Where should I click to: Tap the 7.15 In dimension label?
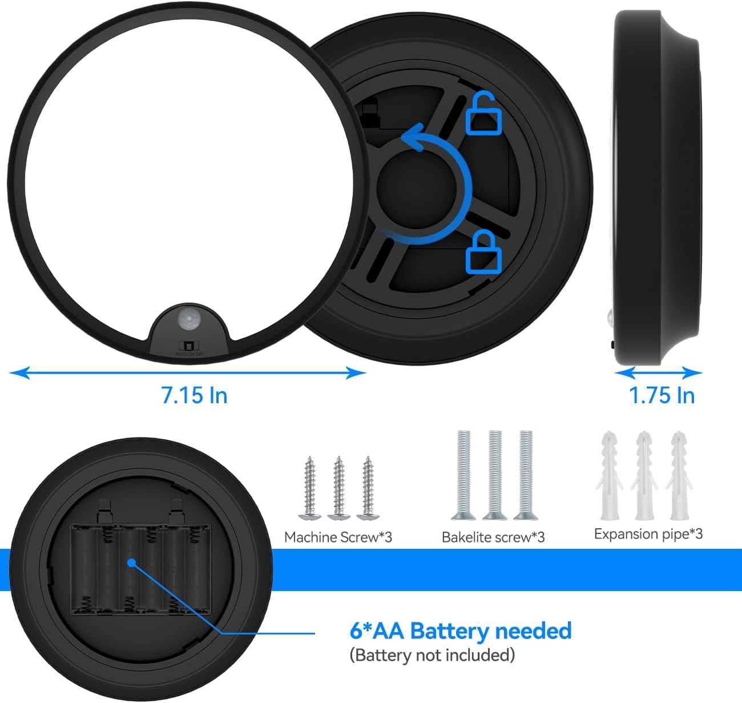click(x=194, y=395)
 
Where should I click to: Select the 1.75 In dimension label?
click(x=662, y=395)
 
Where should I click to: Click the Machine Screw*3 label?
click(x=338, y=537)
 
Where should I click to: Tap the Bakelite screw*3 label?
click(x=493, y=537)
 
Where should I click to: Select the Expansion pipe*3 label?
click(x=648, y=534)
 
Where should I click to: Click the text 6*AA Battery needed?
click(x=460, y=631)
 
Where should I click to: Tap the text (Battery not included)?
click(x=432, y=654)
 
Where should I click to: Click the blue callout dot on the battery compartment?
click(x=131, y=563)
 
